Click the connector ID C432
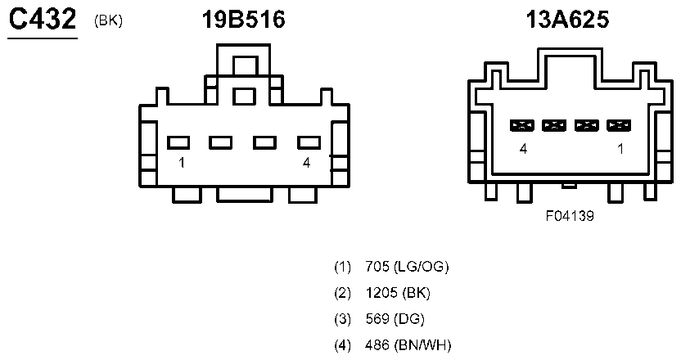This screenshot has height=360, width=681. [x=43, y=20]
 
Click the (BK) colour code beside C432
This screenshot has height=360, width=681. [x=108, y=20]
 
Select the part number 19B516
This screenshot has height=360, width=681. [x=244, y=20]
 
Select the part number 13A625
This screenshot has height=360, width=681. [x=567, y=20]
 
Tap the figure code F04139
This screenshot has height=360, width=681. [x=570, y=216]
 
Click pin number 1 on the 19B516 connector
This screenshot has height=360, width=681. [x=182, y=163]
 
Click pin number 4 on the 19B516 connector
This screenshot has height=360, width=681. [x=307, y=163]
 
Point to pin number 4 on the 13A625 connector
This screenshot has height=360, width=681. [x=523, y=149]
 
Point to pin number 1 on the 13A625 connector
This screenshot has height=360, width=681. [x=620, y=149]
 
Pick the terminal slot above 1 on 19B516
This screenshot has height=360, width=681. [x=178, y=142]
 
